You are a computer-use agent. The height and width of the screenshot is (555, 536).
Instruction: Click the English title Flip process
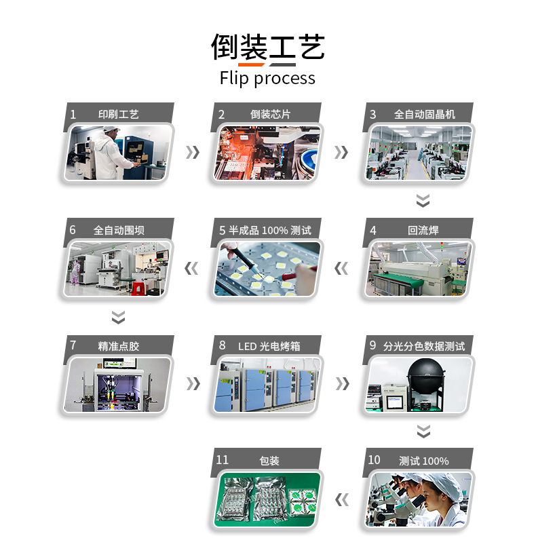click(x=267, y=78)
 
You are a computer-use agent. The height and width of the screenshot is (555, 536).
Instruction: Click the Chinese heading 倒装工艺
click(x=267, y=47)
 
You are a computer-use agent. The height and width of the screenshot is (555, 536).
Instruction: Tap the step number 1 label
click(x=73, y=115)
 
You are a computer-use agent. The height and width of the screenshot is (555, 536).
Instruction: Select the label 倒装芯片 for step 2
click(x=270, y=115)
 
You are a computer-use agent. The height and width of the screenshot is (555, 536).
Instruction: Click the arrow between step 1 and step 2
click(x=193, y=153)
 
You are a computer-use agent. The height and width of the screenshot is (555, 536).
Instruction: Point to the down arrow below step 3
click(x=423, y=200)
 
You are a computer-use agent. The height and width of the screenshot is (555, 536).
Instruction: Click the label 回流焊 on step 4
click(x=423, y=231)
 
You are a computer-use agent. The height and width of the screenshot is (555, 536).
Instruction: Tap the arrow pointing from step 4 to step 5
click(x=341, y=268)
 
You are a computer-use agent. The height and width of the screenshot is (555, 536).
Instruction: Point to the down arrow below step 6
click(x=118, y=317)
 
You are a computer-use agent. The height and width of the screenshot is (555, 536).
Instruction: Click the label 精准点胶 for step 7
click(x=119, y=346)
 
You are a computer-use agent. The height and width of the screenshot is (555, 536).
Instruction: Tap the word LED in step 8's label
click(x=247, y=347)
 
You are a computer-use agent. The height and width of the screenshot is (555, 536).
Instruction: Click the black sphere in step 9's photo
click(x=425, y=372)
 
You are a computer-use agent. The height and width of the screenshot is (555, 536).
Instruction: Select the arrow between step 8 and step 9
click(x=343, y=384)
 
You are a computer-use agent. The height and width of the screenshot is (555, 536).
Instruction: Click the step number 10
click(x=374, y=460)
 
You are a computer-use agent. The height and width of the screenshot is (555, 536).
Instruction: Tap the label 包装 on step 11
click(x=269, y=461)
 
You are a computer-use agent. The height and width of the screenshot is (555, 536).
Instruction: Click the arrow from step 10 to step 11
click(x=342, y=500)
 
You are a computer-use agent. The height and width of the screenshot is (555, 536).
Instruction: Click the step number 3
click(x=372, y=115)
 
